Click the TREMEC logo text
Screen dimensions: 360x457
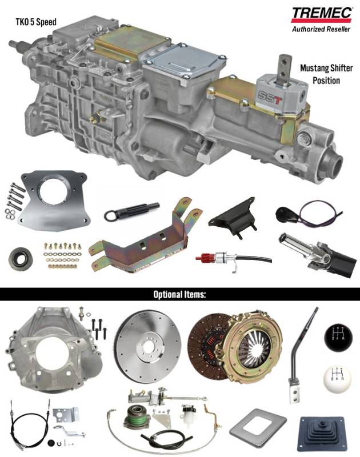[322, 13]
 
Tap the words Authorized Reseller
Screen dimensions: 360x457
[321, 29]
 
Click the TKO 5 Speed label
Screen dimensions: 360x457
[36, 22]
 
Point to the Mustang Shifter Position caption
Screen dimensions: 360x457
[326, 74]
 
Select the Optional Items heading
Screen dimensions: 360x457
[179, 294]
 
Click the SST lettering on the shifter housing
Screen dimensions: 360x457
[270, 98]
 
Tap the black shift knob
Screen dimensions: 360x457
[338, 338]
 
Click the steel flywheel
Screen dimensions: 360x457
[149, 346]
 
